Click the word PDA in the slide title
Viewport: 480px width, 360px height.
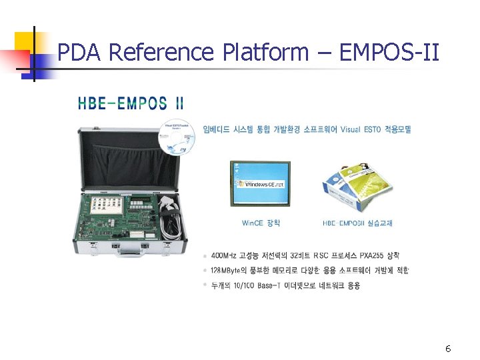pos(79,52)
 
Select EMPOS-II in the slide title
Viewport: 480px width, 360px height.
pos(389,52)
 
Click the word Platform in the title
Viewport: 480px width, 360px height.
pos(262,52)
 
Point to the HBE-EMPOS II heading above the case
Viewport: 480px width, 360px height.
pos(131,103)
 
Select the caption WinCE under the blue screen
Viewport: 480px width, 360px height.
pos(261,223)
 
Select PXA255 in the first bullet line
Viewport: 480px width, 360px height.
pos(371,255)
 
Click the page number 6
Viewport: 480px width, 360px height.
pos(448,349)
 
